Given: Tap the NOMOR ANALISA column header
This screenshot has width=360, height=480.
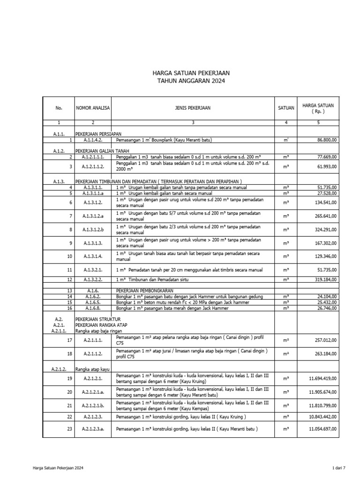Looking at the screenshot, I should pyautogui.click(x=92, y=108).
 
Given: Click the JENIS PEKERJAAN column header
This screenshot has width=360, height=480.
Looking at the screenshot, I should pyautogui.click(x=192, y=108).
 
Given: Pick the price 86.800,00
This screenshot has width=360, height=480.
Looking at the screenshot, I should pyautogui.click(x=330, y=140).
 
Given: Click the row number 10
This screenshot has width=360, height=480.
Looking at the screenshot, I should pyautogui.click(x=69, y=256).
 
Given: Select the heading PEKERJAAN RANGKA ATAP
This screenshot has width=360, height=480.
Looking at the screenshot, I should pyautogui.click(x=100, y=324).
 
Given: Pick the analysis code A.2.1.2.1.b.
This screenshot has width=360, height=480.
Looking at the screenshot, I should pyautogui.click(x=92, y=405).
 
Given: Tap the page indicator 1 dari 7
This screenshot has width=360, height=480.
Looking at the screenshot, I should pyautogui.click(x=337, y=468).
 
